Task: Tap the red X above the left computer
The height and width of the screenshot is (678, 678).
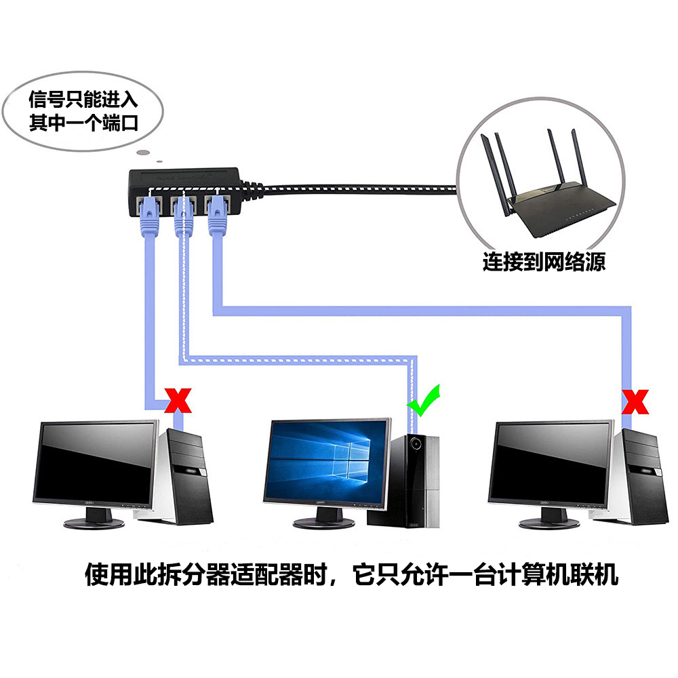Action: click(179, 401)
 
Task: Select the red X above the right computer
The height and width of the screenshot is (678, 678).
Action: click(635, 401)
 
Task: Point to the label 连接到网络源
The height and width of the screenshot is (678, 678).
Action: click(544, 262)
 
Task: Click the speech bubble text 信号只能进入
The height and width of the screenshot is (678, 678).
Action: click(83, 100)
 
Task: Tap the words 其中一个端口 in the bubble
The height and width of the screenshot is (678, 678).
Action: click(83, 123)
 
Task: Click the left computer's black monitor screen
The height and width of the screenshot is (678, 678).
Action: click(96, 465)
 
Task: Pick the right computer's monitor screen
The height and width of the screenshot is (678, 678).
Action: click(551, 465)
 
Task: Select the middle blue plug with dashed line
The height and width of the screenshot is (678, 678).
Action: click(181, 217)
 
